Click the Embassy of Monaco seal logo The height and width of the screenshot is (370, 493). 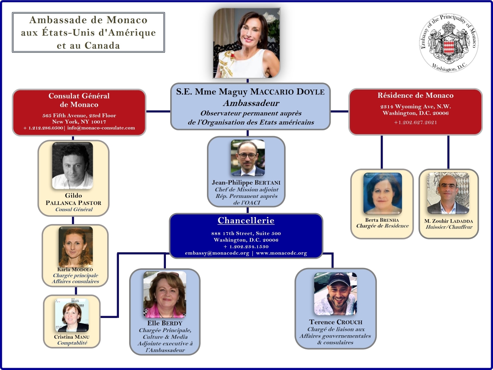tap(449, 45)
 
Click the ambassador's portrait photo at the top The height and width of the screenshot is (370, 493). tap(247, 43)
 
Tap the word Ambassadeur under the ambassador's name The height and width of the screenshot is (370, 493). tap(251, 103)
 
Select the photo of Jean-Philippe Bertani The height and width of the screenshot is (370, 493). tap(248, 158)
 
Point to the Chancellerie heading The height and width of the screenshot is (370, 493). tap(246, 221)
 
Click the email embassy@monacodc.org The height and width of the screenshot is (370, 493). tap(217, 253)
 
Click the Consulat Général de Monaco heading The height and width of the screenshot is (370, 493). tap(79, 100)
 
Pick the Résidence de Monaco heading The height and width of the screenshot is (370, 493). tap(415, 95)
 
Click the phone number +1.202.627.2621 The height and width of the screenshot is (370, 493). tap(416, 122)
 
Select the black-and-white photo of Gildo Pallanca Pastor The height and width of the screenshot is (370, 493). tap(72, 165)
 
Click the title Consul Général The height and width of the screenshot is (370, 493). tap(74, 210)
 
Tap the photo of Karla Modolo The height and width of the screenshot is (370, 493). tap(76, 247)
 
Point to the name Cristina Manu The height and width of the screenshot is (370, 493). tap(72, 337)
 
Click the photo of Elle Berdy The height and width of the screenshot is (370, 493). tap(164, 295)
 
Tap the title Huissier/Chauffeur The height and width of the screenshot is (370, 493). tap(449, 227)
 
